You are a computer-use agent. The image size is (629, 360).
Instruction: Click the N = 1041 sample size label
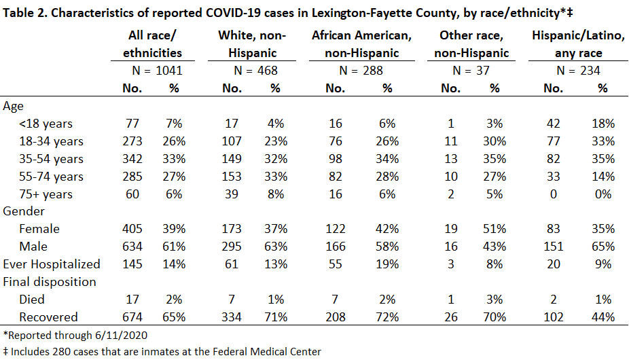coord(158,71)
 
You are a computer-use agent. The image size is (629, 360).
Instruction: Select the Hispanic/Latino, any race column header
coord(578,44)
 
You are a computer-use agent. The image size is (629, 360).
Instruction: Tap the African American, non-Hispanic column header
coord(361,44)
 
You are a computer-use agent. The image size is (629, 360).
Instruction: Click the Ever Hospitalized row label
coord(52,264)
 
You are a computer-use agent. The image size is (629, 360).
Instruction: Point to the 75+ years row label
coord(46,194)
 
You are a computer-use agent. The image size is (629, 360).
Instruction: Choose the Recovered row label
coord(48,317)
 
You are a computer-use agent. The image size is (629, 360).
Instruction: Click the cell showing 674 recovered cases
coord(132,317)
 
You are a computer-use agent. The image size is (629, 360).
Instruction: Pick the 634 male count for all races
coord(132,247)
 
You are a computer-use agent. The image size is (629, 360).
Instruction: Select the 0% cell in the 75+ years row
coord(603,194)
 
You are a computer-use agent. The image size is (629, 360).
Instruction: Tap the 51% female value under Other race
coord(495,229)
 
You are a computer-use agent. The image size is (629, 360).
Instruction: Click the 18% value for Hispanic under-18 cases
coord(603,124)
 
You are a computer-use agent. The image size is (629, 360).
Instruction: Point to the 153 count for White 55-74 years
coord(232,177)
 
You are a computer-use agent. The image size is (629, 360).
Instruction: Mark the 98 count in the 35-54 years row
coord(336,159)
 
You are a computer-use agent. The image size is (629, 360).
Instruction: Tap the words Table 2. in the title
coord(25,13)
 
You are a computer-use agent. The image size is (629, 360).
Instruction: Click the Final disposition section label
coord(50,282)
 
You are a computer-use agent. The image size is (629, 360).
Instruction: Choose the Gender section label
coord(24,211)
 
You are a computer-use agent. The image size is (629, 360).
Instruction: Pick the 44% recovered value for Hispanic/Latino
coord(603,317)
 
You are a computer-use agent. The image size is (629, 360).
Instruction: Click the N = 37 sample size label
coord(471,71)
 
